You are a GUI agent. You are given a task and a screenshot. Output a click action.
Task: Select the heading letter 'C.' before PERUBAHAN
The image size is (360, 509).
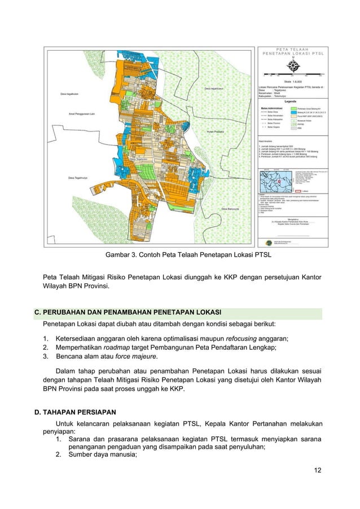[x=38, y=313]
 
